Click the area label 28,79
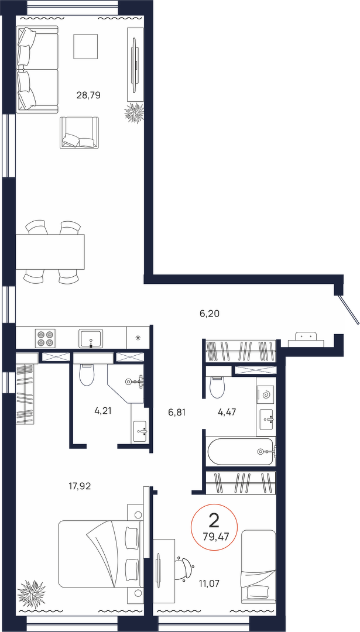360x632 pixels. coord(88,95)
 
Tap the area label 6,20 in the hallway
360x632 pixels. coord(209,313)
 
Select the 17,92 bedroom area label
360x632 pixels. coord(80,486)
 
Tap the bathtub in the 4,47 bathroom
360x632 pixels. coord(241,451)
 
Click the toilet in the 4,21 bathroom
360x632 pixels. coord(87,375)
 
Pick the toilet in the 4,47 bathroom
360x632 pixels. coord(218,387)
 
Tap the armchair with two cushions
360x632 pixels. coord(80,133)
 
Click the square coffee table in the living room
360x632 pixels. coord(86,46)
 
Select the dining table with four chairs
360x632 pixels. coord(50,252)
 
